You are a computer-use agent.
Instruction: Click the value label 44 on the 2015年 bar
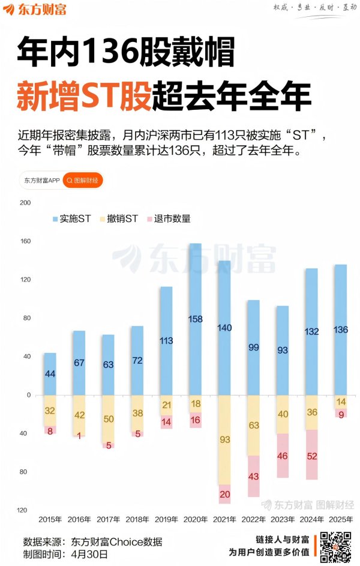(50, 374)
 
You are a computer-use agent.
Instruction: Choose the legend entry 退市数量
(167, 219)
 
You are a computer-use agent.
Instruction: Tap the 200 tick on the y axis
(25, 203)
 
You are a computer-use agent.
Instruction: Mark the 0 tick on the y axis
(28, 395)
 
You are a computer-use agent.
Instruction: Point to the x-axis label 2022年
(253, 519)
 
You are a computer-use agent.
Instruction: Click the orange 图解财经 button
(83, 180)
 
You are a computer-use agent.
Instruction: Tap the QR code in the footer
(335, 546)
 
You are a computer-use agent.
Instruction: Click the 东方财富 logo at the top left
(36, 10)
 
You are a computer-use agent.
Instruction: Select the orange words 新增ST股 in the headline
(83, 95)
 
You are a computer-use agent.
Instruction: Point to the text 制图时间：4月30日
(65, 554)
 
